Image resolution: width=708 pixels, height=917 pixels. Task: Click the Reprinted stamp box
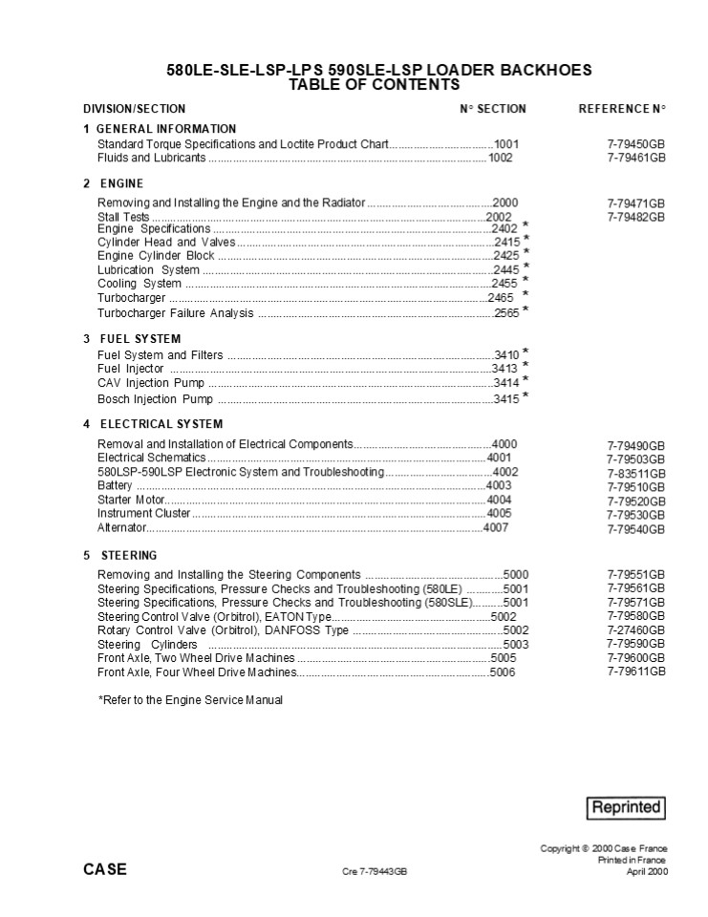click(x=625, y=807)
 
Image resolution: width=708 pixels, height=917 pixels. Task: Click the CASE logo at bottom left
click(x=104, y=869)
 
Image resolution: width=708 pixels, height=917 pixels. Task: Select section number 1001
click(x=506, y=144)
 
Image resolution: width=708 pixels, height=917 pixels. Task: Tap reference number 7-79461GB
click(x=636, y=159)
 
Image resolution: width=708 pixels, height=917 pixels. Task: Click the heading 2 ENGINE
click(x=114, y=183)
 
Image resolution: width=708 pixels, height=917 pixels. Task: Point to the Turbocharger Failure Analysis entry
click(x=176, y=312)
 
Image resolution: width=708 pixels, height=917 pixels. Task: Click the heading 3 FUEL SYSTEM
click(x=132, y=339)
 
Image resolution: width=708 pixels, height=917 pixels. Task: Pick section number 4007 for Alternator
click(x=496, y=527)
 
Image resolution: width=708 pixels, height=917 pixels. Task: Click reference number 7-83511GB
click(x=636, y=473)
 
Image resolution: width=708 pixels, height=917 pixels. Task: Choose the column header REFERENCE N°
click(x=622, y=109)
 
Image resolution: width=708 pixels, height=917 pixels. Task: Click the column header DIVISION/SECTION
click(x=135, y=109)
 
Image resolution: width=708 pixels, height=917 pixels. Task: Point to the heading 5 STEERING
click(x=120, y=555)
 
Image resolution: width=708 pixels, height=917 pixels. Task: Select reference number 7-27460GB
click(x=636, y=630)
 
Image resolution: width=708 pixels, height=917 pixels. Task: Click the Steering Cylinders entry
click(x=147, y=645)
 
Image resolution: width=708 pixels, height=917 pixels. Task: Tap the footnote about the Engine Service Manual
click(x=190, y=700)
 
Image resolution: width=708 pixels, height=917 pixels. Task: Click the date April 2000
click(x=647, y=871)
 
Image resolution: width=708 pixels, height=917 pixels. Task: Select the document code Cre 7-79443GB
click(x=375, y=871)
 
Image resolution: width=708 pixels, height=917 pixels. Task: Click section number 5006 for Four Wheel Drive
click(x=502, y=672)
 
